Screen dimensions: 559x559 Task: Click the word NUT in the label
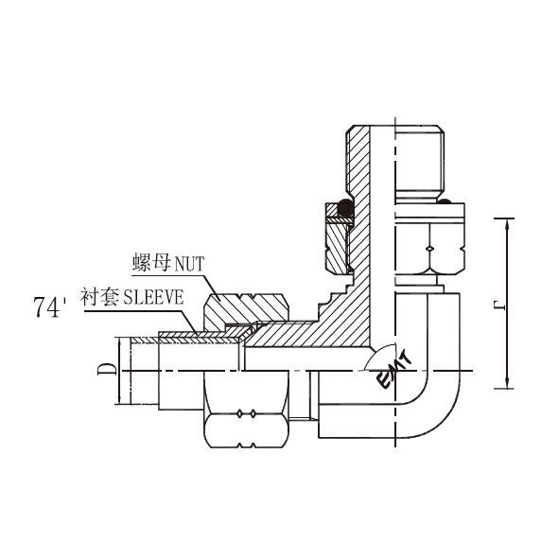point(189,264)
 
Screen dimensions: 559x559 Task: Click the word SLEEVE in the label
point(153,297)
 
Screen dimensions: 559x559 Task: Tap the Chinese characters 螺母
point(151,263)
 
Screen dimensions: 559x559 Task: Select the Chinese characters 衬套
point(100,297)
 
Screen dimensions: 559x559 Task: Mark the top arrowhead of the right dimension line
point(508,224)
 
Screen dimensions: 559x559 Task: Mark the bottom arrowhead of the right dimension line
point(508,382)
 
